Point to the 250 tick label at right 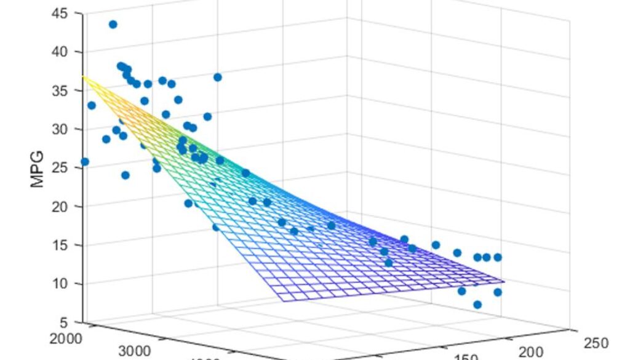tap(596, 343)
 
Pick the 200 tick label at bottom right tap(530, 351)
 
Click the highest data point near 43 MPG tap(113, 25)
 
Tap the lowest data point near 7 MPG tap(477, 305)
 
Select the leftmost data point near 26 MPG tap(85, 162)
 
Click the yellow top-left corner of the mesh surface tap(83, 76)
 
